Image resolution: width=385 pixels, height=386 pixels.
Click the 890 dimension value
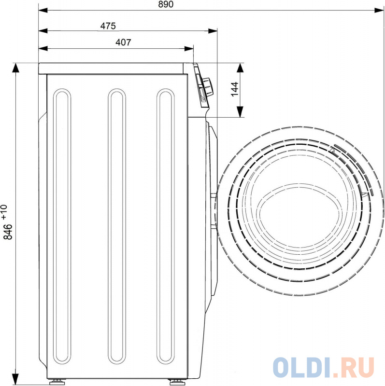pos(166,4)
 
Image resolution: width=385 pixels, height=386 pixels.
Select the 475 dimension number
pos(108,26)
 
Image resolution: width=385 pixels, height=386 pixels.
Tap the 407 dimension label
pos(123,42)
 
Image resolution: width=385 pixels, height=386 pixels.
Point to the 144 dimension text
pos(235,89)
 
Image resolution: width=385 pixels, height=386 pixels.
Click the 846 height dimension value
pos(8,232)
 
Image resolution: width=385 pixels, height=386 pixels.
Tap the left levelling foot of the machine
pos(57,382)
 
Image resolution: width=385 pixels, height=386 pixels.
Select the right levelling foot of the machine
pos(177,382)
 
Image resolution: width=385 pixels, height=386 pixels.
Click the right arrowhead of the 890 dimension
pos(379,10)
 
